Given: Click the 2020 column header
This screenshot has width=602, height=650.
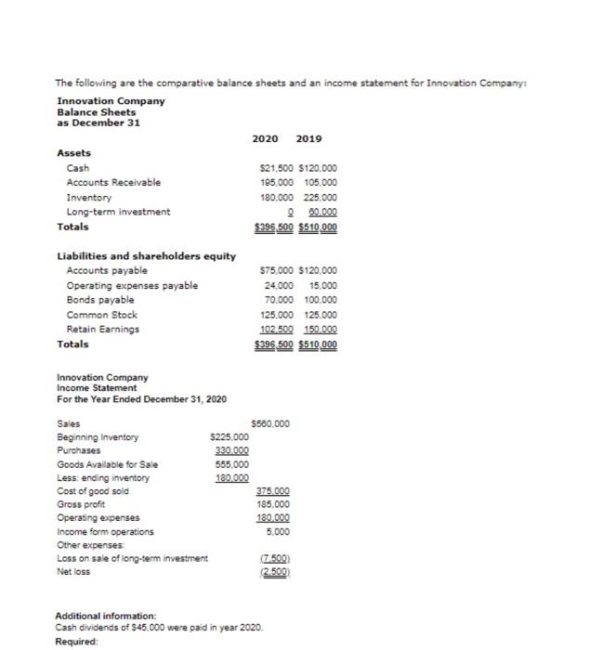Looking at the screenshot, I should (x=266, y=138).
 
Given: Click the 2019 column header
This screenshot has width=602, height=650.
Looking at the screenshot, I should (x=308, y=138).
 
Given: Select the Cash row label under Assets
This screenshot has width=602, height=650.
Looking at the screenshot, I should (x=78, y=168).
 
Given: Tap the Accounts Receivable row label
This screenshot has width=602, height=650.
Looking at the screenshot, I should (x=113, y=183).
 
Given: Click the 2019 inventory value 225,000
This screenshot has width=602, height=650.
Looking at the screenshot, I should (x=319, y=197).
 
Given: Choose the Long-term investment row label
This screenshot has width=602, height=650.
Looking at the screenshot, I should (x=118, y=212).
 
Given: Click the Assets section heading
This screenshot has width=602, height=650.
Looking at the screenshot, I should (x=73, y=153).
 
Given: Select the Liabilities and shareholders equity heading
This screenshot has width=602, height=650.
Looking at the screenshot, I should (x=147, y=256).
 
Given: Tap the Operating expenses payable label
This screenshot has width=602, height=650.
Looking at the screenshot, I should (x=132, y=285).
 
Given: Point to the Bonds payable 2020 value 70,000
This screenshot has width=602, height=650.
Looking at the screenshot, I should (x=279, y=300).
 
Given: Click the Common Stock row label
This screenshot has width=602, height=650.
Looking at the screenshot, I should (x=102, y=315).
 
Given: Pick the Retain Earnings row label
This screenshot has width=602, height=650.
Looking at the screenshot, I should (x=103, y=329).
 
